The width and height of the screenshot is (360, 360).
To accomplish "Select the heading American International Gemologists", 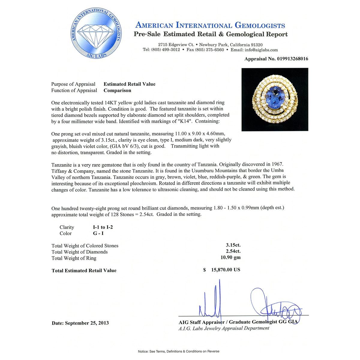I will pos(210,25).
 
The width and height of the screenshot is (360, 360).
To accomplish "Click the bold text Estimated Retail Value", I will pos(130,84).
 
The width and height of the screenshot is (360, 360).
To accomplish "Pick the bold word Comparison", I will pos(117,90).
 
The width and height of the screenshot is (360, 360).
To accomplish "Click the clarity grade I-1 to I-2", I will pos(103,227).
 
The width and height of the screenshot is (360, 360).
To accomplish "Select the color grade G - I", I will pos(98,233).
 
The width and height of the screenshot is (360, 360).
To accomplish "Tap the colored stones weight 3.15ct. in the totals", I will pos(233,245).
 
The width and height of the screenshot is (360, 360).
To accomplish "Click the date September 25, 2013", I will pos(87,323).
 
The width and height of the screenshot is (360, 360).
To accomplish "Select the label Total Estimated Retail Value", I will pos(84,271).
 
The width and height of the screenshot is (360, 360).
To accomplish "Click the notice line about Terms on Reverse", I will pos(178,351).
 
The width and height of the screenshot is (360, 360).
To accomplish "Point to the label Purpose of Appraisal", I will pos(73,84).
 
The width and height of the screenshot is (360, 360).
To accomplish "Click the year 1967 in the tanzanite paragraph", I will pos(277,164).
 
